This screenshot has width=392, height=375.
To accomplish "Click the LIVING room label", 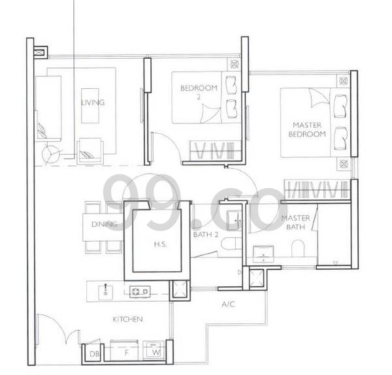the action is (x=93, y=103).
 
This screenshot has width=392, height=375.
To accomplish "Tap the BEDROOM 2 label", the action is (x=199, y=91).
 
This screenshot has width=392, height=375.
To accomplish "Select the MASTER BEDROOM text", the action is (x=307, y=129).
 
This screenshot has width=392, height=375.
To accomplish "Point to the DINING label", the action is (x=105, y=224).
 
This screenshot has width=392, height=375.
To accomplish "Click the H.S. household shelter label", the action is (x=160, y=244).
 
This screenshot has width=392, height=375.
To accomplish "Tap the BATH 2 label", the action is (x=206, y=235).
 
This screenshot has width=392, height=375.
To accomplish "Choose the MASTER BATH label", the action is (x=295, y=222).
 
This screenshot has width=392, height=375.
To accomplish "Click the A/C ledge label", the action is (x=228, y=304).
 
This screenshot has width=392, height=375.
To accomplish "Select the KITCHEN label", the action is (x=128, y=319).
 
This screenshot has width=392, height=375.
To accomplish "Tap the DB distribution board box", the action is (x=94, y=353).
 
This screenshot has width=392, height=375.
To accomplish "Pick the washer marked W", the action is (x=154, y=350).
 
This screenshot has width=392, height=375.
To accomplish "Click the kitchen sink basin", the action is (x=105, y=291).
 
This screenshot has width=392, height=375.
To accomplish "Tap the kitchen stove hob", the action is (x=140, y=291).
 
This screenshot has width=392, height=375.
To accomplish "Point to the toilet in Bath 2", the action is (x=231, y=244).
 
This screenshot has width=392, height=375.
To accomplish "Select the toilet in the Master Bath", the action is (x=298, y=248).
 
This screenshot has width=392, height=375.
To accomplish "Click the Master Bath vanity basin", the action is (x=263, y=253).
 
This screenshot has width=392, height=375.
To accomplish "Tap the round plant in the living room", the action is (x=51, y=154).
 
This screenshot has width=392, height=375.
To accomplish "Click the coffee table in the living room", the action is (x=90, y=106).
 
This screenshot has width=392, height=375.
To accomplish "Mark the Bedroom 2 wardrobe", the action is (x=215, y=150).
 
